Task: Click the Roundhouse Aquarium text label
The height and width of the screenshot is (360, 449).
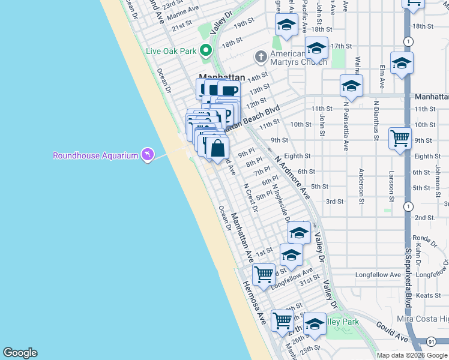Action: click(95, 155)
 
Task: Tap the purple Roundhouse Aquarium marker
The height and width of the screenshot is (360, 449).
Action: click(147, 155)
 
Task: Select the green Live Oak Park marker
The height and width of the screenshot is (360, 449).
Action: click(206, 50)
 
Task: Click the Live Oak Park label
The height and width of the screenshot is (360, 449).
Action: click(171, 51)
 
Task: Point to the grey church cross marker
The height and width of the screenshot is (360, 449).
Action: click(260, 58)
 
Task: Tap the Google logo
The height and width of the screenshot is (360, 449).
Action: click(20, 353)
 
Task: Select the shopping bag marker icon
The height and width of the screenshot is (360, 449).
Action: click(218, 147)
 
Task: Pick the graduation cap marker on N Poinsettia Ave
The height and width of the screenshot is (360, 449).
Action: click(351, 85)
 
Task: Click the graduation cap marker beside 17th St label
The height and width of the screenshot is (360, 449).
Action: click(316, 47)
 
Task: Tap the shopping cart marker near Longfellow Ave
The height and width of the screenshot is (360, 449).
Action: click(264, 274)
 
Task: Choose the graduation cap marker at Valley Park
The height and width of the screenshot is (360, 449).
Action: click(314, 323)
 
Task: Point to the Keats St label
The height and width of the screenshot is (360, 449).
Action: click(429, 295)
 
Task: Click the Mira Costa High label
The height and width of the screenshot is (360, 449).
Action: click(423, 318)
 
